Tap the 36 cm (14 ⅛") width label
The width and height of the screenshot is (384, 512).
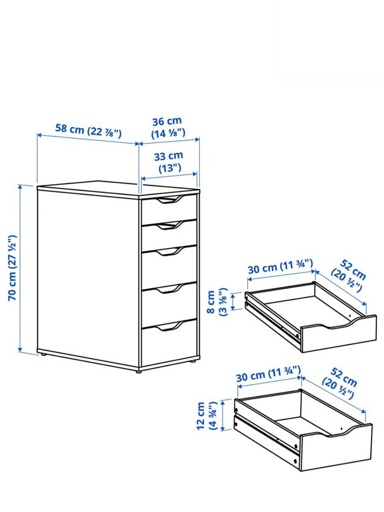click(168, 128)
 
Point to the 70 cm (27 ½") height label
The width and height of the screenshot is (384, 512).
click(12, 268)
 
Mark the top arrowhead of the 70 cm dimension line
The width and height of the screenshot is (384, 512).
click(20, 187)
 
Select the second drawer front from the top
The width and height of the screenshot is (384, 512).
click(169, 234)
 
